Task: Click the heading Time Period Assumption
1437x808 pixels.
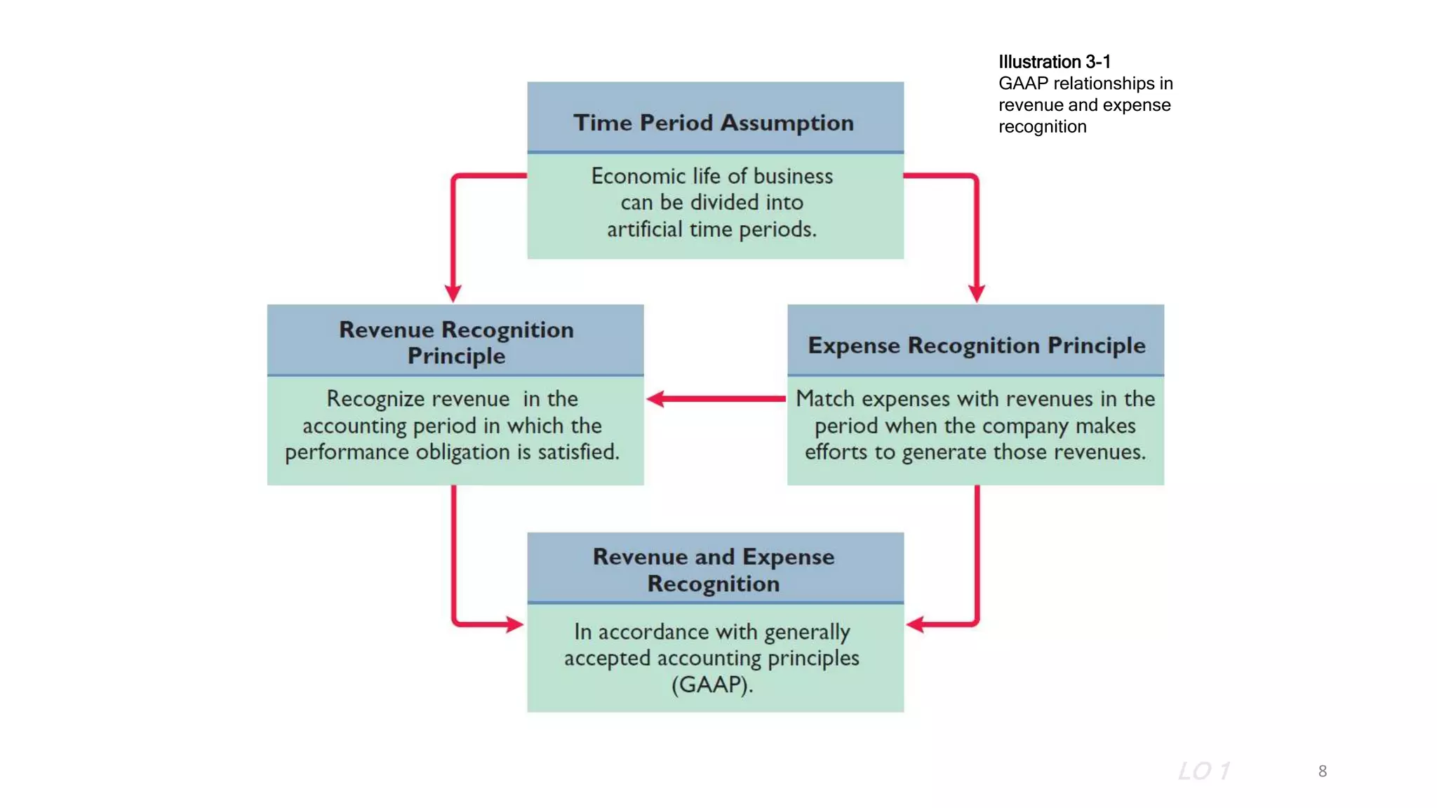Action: tap(714, 123)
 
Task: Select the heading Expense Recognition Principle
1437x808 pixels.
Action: tap(976, 345)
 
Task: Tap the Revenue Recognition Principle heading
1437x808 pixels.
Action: tap(456, 342)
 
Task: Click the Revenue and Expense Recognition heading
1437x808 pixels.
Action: tap(714, 570)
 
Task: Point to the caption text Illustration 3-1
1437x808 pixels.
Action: tap(1054, 62)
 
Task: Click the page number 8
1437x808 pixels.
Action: tap(1322, 771)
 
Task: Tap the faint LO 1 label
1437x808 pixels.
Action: tap(1203, 771)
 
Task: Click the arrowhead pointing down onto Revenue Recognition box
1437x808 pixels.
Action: tap(453, 292)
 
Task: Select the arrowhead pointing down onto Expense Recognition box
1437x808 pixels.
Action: tap(977, 292)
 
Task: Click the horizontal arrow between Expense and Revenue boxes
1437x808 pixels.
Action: tap(716, 398)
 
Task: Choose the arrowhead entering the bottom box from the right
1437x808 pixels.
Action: tap(916, 624)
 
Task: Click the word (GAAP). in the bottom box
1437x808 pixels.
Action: tap(712, 685)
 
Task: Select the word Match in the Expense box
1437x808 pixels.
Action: tap(825, 398)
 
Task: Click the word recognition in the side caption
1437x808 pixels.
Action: tap(1042, 127)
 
